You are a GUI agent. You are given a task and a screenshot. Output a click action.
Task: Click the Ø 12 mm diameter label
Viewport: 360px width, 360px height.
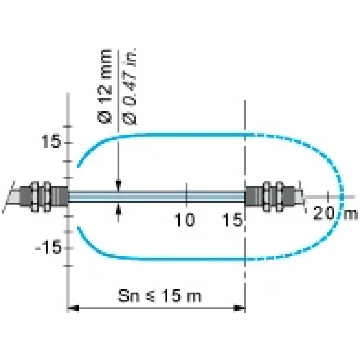(105, 87)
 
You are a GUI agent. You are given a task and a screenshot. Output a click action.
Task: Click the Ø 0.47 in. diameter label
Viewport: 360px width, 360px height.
(130, 87)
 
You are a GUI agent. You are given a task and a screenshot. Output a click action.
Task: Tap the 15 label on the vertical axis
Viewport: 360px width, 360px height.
(51, 141)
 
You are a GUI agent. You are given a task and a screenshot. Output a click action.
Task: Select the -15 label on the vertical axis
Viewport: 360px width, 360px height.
(48, 247)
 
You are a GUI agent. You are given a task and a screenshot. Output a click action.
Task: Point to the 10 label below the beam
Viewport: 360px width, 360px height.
(185, 220)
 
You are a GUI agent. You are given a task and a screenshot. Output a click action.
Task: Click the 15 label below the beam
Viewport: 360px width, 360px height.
(232, 220)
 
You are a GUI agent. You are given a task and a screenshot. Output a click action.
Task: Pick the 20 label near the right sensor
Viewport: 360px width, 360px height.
(323, 213)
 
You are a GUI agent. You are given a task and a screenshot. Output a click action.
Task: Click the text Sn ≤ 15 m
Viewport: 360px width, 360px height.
(160, 296)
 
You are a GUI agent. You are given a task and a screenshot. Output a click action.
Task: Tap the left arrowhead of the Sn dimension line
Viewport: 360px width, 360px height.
(74, 308)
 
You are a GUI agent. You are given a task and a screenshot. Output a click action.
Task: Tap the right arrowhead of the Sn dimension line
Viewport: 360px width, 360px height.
(239, 308)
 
